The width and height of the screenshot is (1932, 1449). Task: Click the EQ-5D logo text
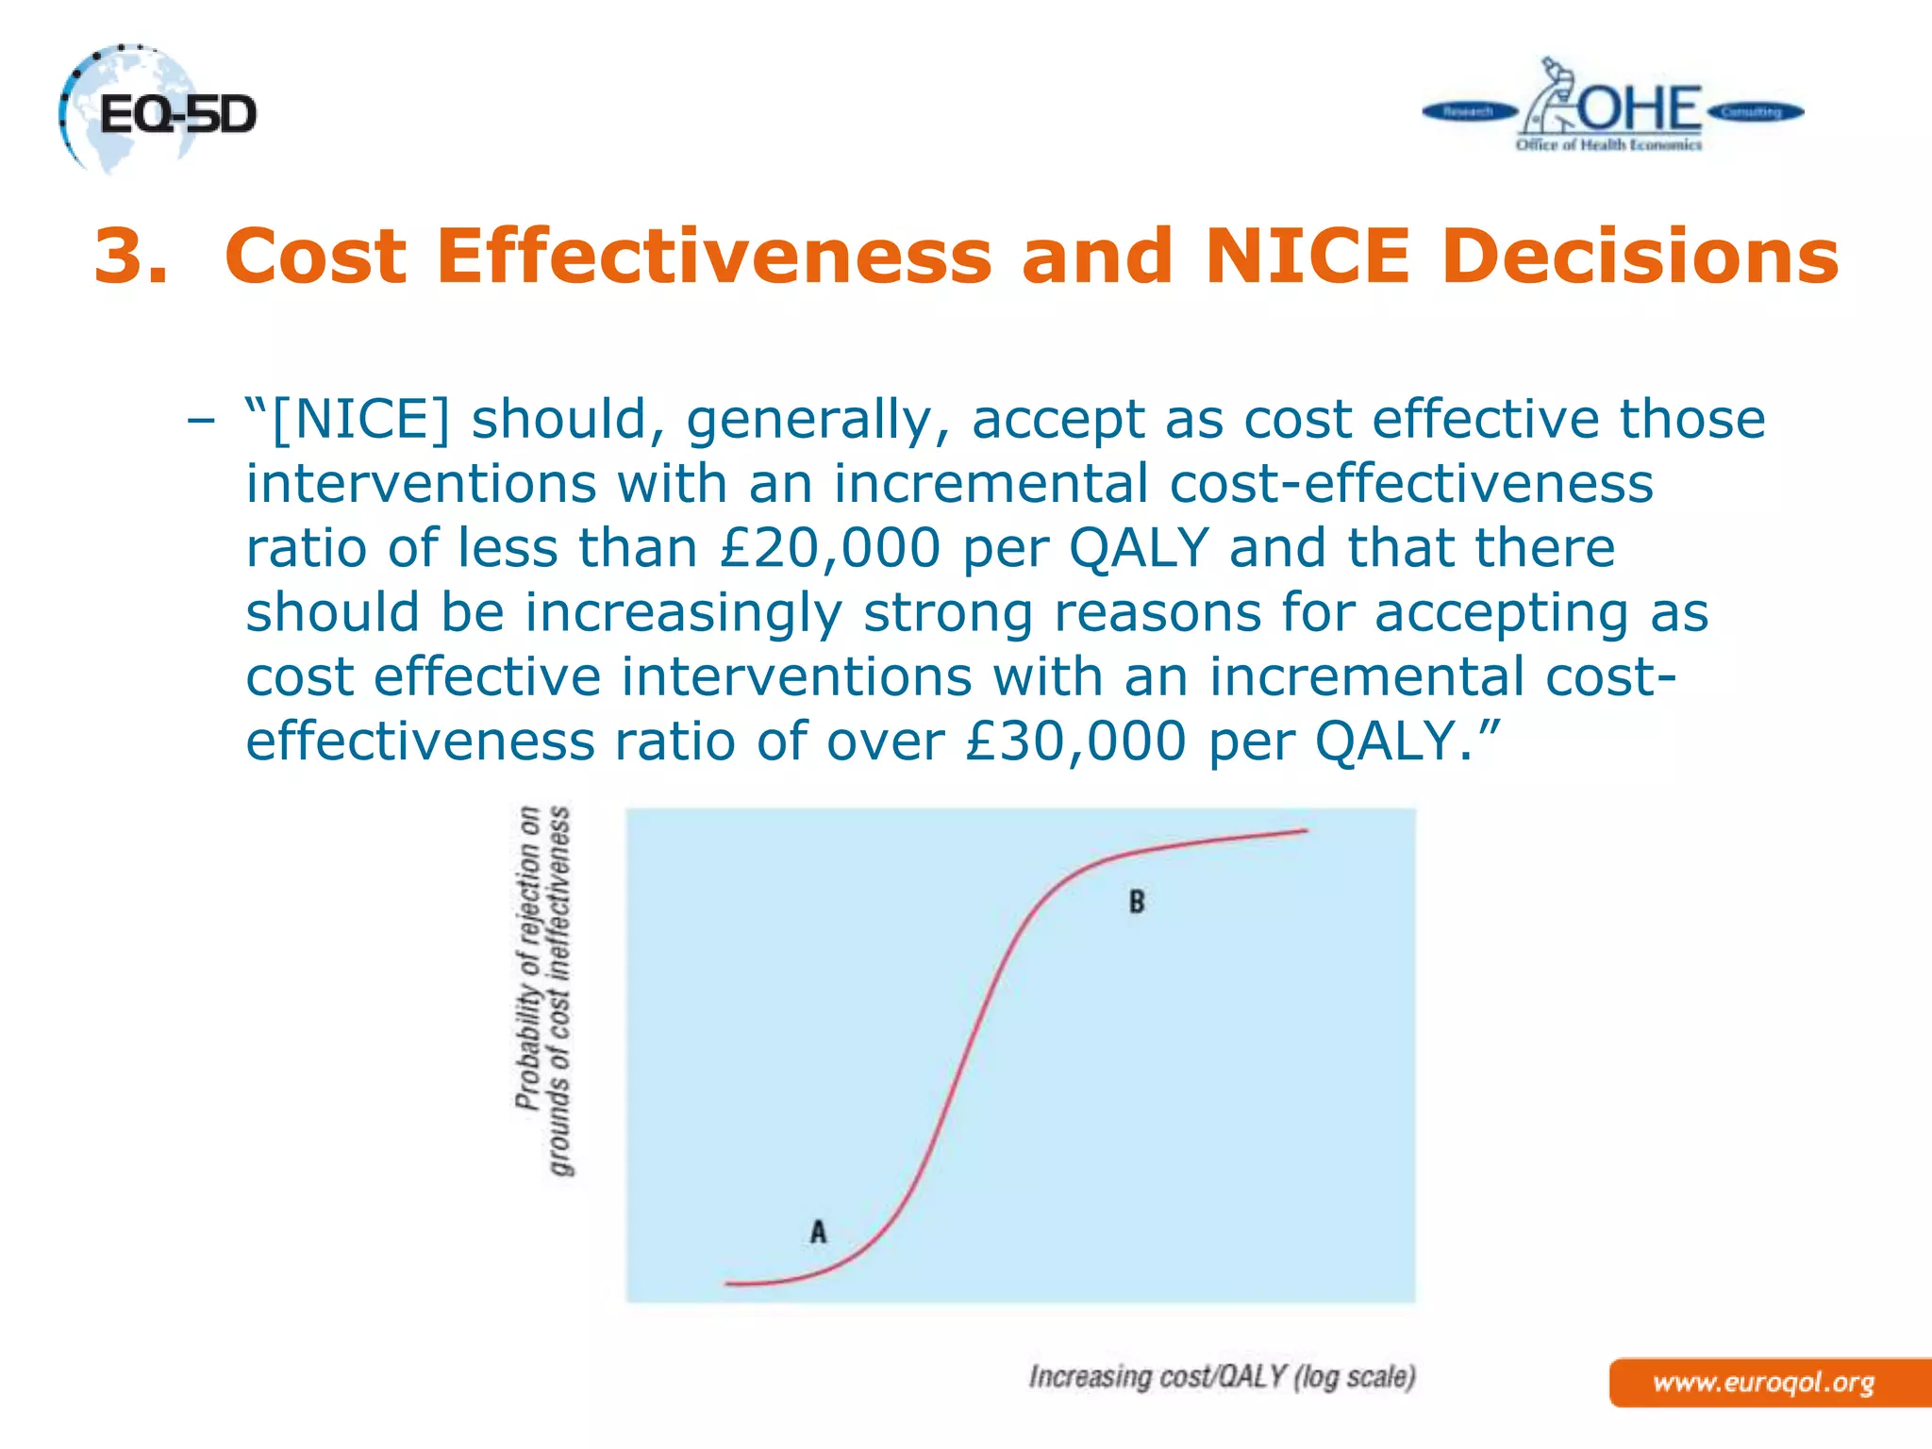click(177, 116)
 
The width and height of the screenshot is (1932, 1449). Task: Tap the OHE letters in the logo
click(1640, 109)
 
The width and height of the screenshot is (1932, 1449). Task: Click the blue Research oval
click(1468, 112)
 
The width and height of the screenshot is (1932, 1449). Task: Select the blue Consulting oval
click(1754, 112)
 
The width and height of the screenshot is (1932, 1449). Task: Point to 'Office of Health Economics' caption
click(1608, 145)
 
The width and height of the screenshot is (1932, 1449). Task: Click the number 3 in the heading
click(131, 257)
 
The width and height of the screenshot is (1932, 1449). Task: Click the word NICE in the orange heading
click(1307, 257)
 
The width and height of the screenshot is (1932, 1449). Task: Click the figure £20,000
click(829, 548)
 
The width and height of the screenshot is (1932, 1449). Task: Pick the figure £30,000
click(1075, 741)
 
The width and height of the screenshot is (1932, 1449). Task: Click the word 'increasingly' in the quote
click(683, 612)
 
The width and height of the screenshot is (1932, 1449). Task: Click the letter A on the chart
click(818, 1232)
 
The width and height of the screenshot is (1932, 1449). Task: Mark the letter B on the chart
click(1137, 903)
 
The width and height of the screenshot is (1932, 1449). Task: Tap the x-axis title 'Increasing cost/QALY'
click(1223, 1377)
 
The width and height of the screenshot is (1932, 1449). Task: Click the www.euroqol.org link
click(1763, 1383)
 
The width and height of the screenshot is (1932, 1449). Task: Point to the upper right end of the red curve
click(1306, 830)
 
